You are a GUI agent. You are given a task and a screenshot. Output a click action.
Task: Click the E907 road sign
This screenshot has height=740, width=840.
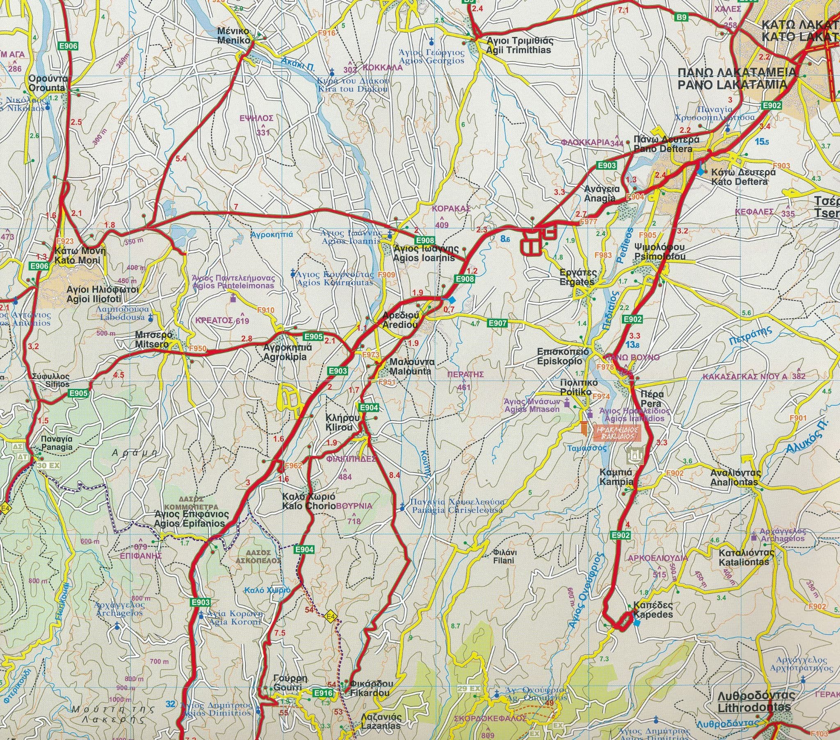pyautogui.click(x=498, y=324)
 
